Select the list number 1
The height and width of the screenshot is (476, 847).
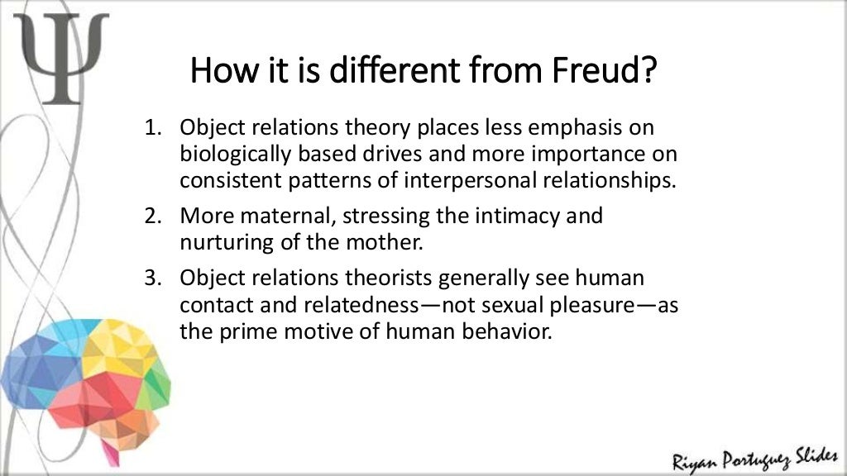151,129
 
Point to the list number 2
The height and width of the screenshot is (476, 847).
151,216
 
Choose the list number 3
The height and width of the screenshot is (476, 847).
151,278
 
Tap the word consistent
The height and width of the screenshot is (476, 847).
224,180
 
